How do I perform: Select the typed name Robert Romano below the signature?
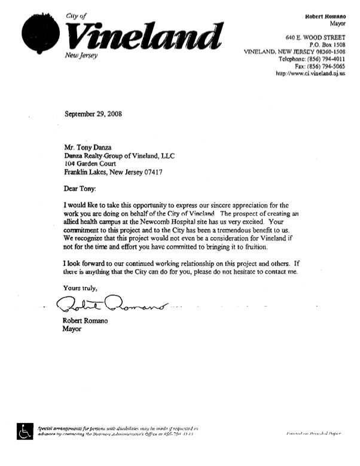pos(86,321)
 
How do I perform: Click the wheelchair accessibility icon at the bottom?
pos(25,431)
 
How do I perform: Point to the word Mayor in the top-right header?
pos(336,23)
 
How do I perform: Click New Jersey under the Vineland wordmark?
pos(80,56)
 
